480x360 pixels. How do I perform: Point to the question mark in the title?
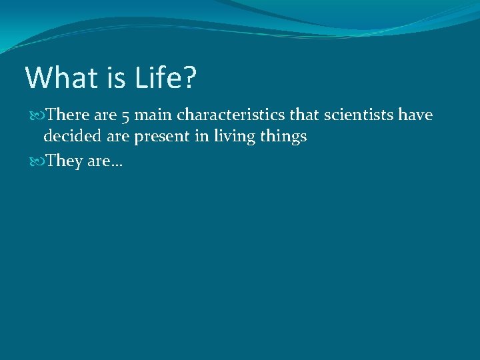tap(189, 78)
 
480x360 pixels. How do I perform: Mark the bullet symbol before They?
tap(36, 161)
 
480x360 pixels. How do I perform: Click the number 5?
tap(127, 117)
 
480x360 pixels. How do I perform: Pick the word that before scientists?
tap(306, 115)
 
